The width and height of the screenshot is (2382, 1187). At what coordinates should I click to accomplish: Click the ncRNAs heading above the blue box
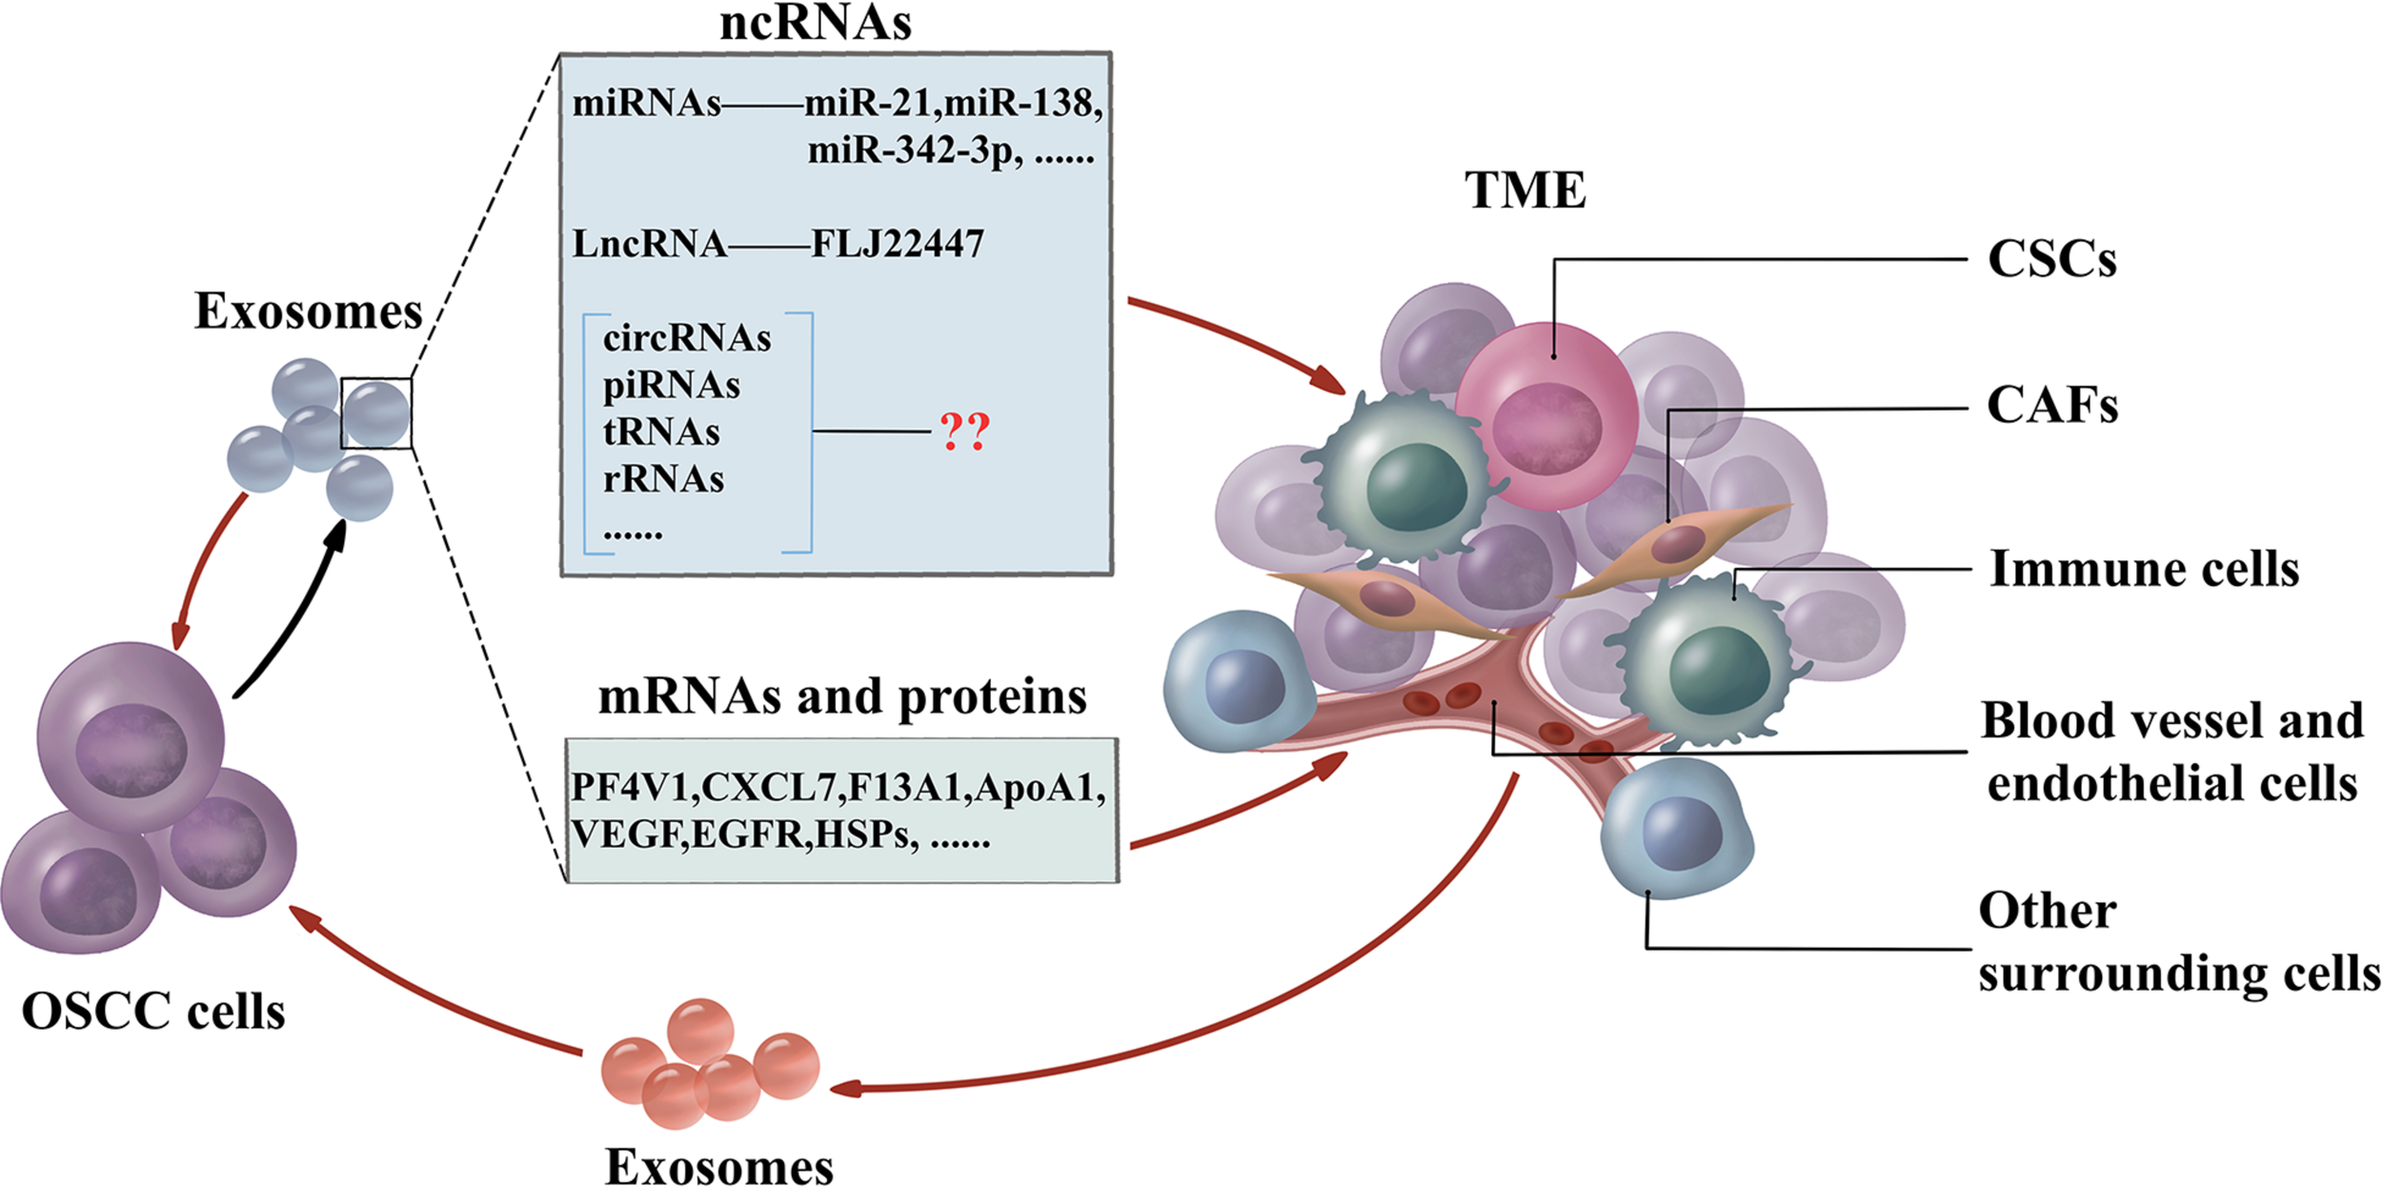point(815,23)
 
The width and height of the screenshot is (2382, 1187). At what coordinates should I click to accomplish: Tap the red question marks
point(964,432)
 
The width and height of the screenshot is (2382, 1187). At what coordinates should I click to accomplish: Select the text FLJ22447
point(897,245)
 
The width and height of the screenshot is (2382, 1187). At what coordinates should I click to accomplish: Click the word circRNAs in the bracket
point(687,338)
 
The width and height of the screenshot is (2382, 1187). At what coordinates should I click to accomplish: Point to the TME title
point(1524,191)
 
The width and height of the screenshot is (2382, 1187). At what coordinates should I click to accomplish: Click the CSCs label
point(2051,259)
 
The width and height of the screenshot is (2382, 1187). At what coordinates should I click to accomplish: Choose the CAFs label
point(2051,406)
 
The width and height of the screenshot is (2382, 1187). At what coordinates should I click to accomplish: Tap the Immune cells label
point(2144,570)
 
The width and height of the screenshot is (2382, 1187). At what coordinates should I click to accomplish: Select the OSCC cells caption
point(153,1012)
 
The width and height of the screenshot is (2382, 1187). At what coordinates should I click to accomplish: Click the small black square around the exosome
point(376,413)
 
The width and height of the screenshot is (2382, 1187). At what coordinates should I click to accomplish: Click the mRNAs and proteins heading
point(842,697)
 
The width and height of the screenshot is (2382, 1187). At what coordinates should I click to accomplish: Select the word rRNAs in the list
point(663,479)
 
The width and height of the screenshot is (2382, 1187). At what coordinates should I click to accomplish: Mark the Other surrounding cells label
point(2177,943)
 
